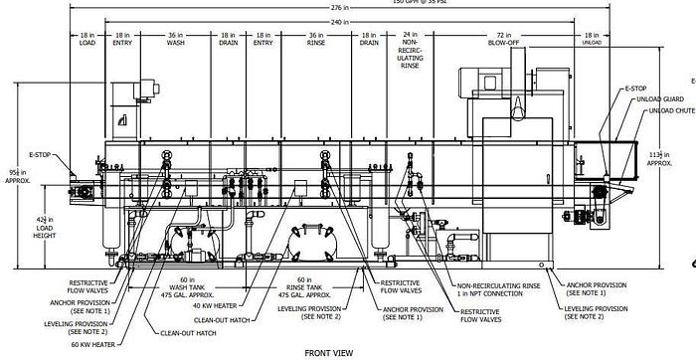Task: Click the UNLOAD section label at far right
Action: pyautogui.click(x=592, y=43)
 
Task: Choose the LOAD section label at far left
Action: pyautogui.click(x=87, y=43)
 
